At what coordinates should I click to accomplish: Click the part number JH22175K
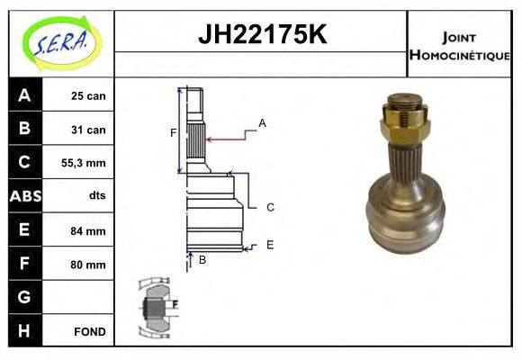point(261,36)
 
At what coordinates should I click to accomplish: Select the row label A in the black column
point(23,95)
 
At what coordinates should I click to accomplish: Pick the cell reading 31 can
point(88,130)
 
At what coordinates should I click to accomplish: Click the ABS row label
point(23,196)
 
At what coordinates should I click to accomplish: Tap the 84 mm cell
point(88,230)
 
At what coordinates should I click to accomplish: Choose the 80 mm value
point(88,265)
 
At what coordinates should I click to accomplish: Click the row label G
point(23,297)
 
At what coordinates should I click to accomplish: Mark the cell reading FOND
point(89,331)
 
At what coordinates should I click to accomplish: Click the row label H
point(23,330)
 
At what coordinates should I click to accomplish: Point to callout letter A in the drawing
point(262,122)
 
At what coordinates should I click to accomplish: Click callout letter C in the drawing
point(270,207)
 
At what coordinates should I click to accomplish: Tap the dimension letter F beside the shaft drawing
point(173,133)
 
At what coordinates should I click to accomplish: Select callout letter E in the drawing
point(270,244)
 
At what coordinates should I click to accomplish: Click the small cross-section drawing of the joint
point(157,305)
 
